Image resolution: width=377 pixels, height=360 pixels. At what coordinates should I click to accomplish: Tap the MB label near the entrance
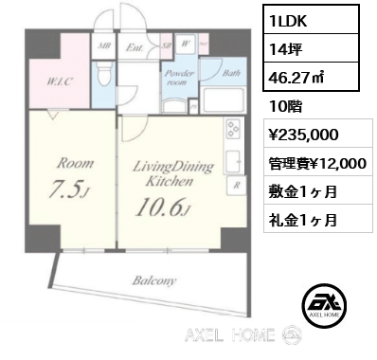[x=103, y=42]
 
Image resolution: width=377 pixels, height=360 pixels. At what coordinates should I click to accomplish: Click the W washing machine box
[x=188, y=43]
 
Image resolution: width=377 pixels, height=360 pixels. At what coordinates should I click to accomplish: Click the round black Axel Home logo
[x=323, y=306]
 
